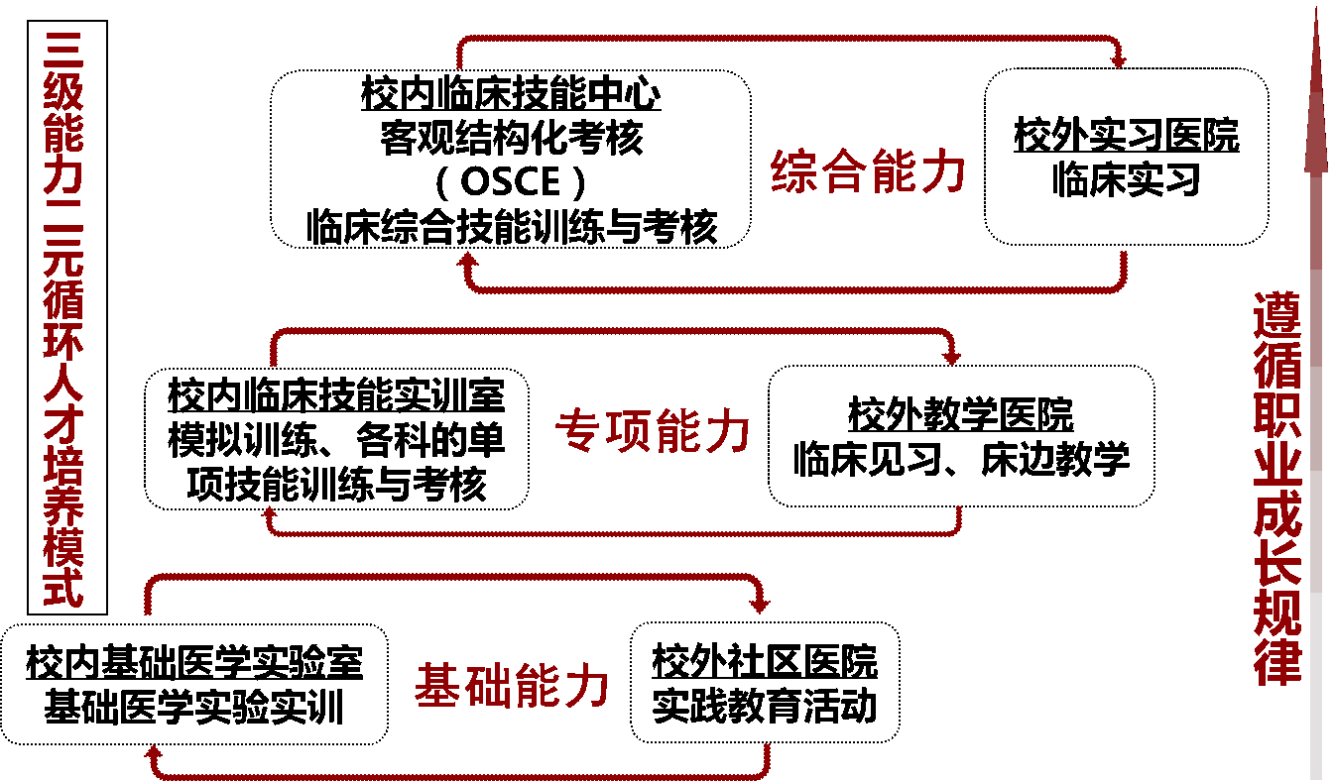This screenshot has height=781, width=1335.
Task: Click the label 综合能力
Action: point(869,172)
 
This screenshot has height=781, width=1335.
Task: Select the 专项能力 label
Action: point(653,432)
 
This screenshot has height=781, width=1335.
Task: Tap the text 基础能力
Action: point(512,686)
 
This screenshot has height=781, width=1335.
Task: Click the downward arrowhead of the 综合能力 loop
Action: point(1119,62)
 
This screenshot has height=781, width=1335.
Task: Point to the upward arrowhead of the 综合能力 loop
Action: point(467,260)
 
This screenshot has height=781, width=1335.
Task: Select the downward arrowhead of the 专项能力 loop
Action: point(952,357)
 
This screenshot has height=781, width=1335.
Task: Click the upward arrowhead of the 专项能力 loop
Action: point(269,513)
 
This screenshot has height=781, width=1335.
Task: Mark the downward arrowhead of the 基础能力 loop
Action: point(760,605)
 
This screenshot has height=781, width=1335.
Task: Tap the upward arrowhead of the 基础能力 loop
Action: point(154,752)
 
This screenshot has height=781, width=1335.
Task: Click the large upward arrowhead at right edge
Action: point(1316,109)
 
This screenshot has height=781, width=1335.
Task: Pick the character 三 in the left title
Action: point(63,50)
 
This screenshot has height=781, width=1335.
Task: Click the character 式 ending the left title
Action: point(63,587)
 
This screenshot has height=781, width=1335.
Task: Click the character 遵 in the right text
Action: point(1276,315)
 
